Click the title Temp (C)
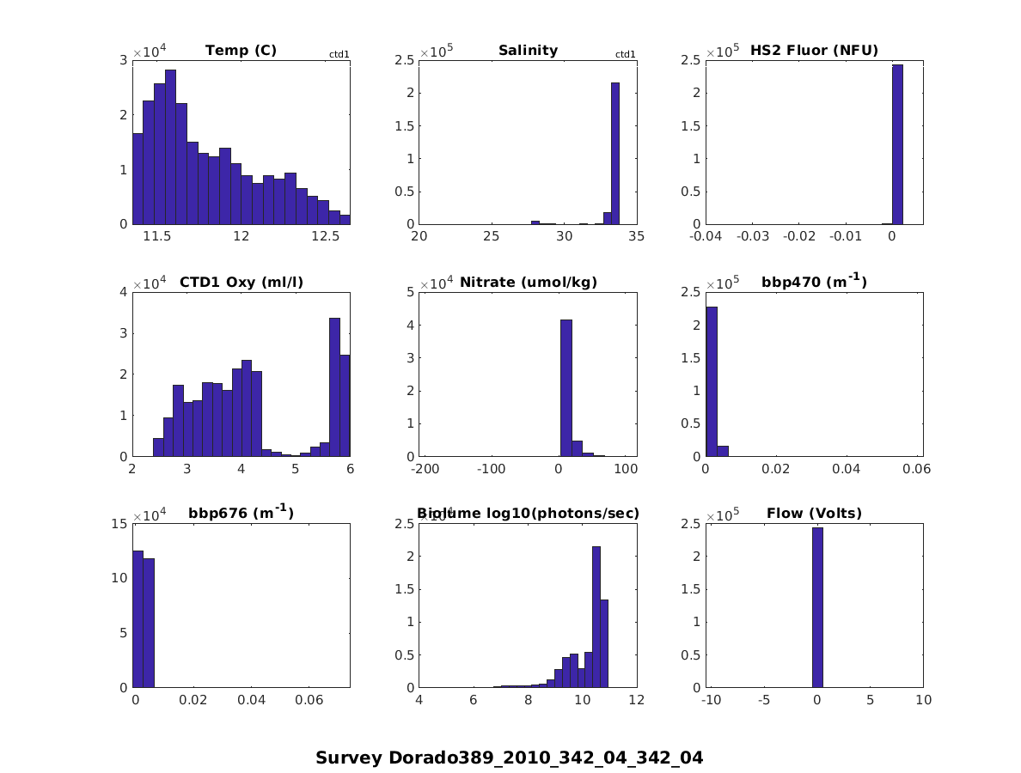(x=241, y=50)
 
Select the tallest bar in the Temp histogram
(x=170, y=146)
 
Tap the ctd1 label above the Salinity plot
(x=626, y=55)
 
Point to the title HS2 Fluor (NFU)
(x=814, y=50)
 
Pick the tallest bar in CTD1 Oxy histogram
(x=334, y=386)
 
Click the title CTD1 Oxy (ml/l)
(x=241, y=282)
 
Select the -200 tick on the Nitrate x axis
(x=425, y=469)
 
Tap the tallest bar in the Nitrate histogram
(x=566, y=387)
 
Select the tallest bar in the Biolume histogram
(x=596, y=617)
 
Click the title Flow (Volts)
(x=814, y=514)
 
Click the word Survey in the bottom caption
(x=349, y=758)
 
